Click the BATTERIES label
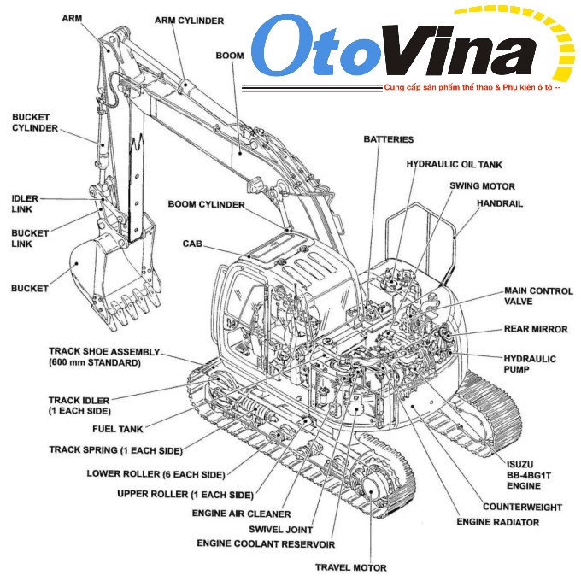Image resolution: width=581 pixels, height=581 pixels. pyautogui.click(x=388, y=139)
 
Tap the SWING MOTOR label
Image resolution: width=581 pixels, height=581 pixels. pyautogui.click(x=482, y=185)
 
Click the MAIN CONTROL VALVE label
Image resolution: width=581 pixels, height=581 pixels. pyautogui.click(x=538, y=296)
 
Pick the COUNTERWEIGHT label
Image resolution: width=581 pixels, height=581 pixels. pyautogui.click(x=522, y=507)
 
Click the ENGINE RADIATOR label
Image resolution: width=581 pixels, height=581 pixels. pyautogui.click(x=497, y=522)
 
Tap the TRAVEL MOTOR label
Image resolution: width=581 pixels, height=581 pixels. pyautogui.click(x=350, y=567)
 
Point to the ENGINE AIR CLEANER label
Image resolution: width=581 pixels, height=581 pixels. pyautogui.click(x=241, y=514)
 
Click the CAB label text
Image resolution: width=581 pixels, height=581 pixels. pyautogui.click(x=192, y=244)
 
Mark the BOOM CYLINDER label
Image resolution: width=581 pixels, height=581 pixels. pyautogui.click(x=206, y=205)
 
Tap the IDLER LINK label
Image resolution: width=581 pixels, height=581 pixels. pyautogui.click(x=24, y=203)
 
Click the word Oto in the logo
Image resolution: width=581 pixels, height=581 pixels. pyautogui.click(x=314, y=50)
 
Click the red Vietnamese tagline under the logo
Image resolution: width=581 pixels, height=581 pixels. pyautogui.click(x=472, y=88)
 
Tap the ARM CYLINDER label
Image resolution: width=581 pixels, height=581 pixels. pyautogui.click(x=189, y=20)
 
